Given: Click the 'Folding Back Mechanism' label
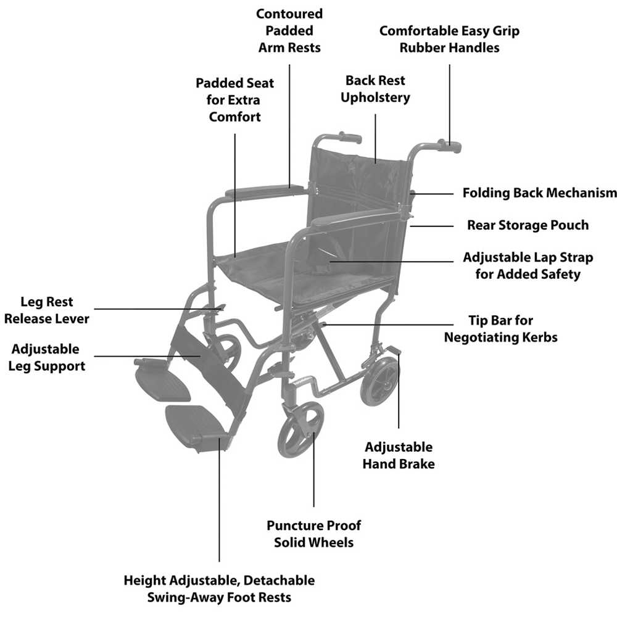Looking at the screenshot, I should (539, 193).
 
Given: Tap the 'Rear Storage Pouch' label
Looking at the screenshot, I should (528, 225).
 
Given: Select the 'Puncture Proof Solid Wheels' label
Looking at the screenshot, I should (313, 534).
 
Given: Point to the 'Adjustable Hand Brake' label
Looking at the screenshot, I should (398, 455).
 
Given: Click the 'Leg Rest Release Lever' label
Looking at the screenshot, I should (46, 310).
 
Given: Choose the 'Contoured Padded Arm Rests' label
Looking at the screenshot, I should (289, 30).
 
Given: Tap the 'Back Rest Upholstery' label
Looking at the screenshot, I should (376, 89).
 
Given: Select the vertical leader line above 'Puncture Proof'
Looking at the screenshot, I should (314, 469).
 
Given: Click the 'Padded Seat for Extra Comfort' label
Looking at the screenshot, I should (235, 100).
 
